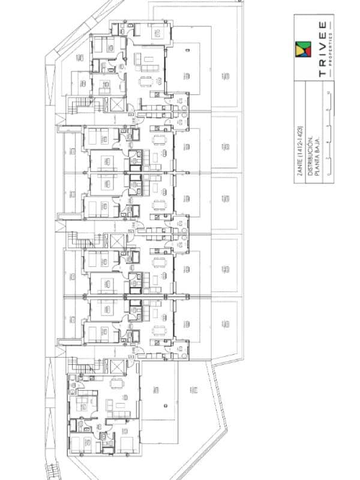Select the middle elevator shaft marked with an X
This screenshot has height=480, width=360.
tap(116, 241)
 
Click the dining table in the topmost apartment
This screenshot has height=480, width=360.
tap(146, 81)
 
